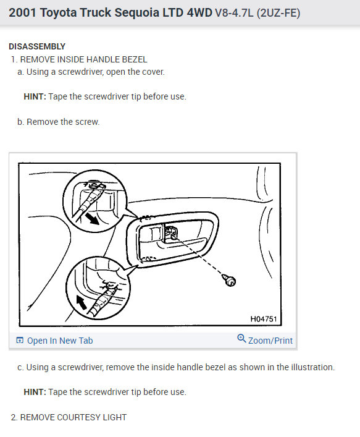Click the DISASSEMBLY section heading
36,46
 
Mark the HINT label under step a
35,96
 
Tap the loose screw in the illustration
231,281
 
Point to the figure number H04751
264,320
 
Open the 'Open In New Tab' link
60,341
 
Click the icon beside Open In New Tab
20,341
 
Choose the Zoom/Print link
270,341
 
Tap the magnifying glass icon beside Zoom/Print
241,339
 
